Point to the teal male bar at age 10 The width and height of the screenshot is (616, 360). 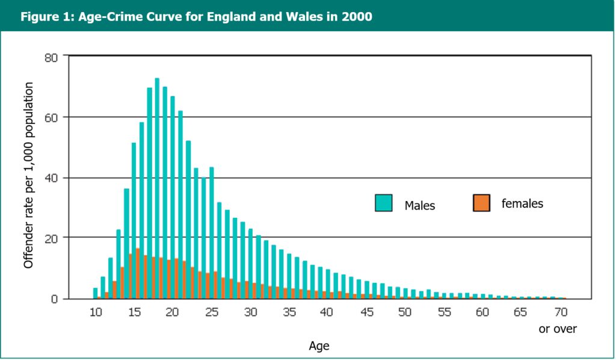[95, 293]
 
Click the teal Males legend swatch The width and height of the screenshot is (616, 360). [383, 203]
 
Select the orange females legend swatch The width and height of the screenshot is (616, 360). [481, 203]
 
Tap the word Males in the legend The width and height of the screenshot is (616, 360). [419, 206]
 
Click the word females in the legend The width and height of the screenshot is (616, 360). [522, 203]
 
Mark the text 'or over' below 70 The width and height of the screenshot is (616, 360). [557, 329]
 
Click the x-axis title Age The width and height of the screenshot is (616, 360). [319, 346]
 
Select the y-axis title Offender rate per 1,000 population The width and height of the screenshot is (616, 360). [28, 175]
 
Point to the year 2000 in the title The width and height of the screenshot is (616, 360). [357, 16]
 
